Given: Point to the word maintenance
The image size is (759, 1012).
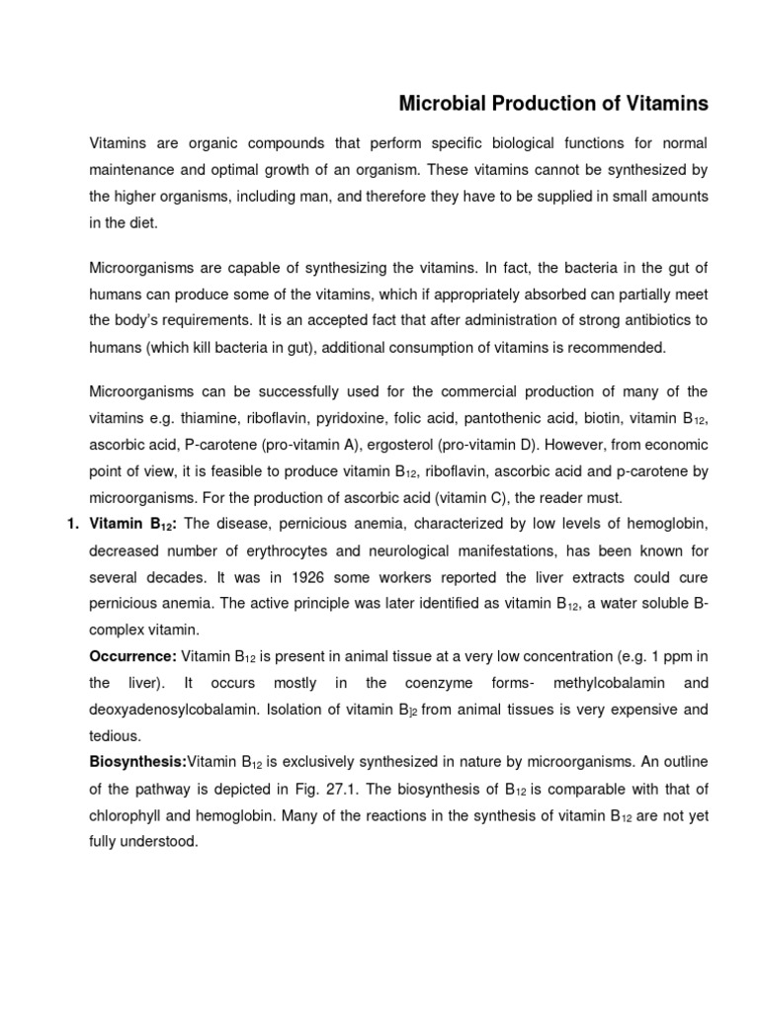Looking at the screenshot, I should click(x=135, y=171).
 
